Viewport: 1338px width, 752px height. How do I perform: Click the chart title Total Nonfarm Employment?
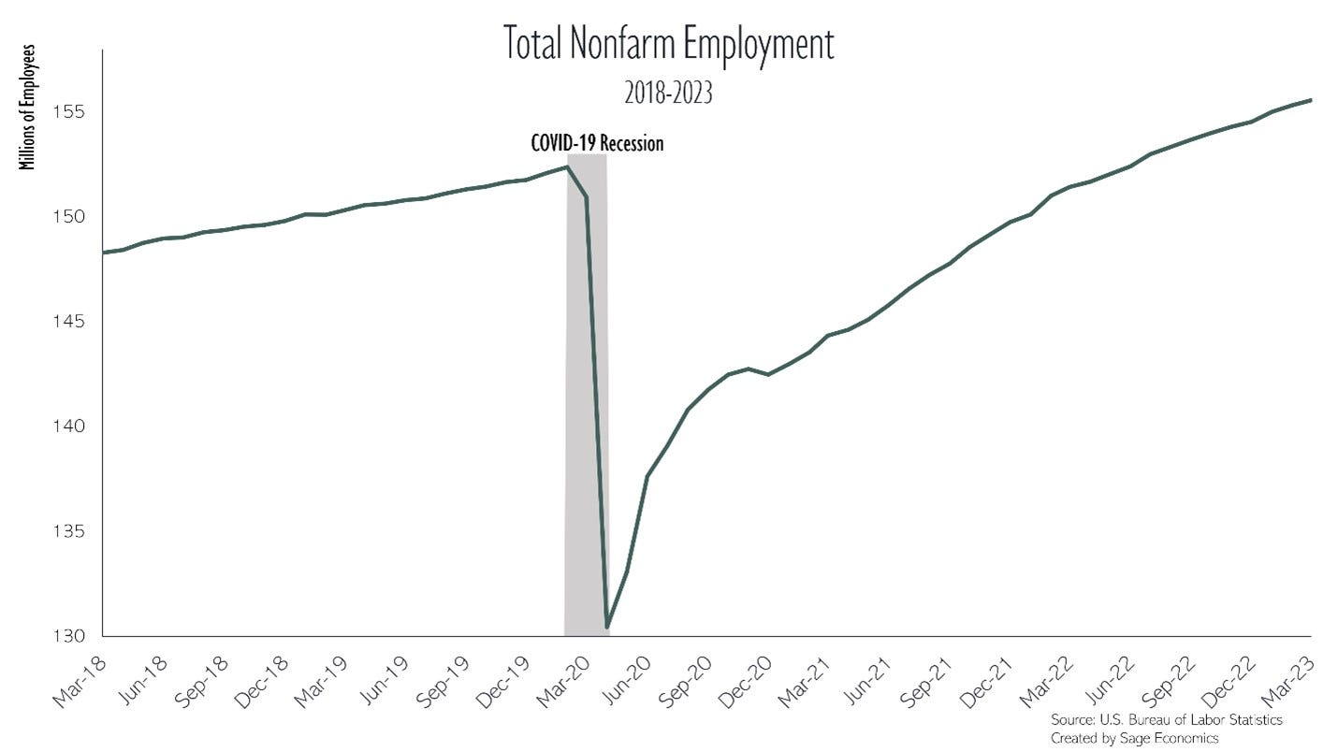(x=668, y=45)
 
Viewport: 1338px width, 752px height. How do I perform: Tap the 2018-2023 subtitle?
(x=668, y=94)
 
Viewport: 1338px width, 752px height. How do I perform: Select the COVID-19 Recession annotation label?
(x=597, y=143)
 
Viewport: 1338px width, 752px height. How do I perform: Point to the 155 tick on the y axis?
(x=71, y=112)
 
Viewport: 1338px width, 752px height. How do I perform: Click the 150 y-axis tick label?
(x=71, y=217)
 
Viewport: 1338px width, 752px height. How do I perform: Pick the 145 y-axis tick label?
(x=71, y=322)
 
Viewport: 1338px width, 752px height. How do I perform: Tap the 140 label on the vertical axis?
(x=71, y=427)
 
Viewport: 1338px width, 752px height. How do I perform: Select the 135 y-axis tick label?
(x=71, y=531)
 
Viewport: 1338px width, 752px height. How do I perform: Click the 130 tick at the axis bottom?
(x=71, y=636)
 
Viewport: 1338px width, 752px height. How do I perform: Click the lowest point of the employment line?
(x=607, y=627)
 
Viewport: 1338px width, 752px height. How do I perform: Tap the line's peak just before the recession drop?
(x=567, y=166)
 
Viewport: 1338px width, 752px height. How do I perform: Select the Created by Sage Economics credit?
(x=1134, y=738)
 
